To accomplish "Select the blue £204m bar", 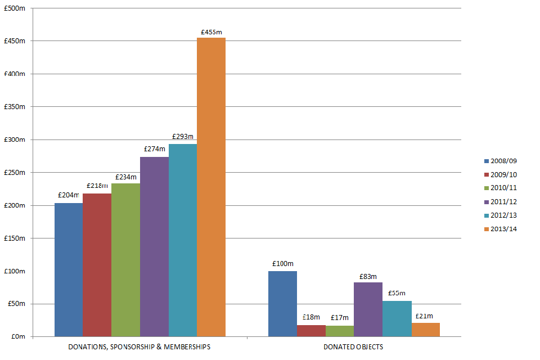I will pyautogui.click(x=69, y=270).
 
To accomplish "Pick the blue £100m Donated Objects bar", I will pyautogui.click(x=282, y=304).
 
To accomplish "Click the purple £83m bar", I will pyautogui.click(x=368, y=309).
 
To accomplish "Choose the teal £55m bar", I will pyautogui.click(x=397, y=318).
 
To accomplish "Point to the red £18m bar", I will pyautogui.click(x=311, y=331).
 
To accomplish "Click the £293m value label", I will pyautogui.click(x=182, y=137).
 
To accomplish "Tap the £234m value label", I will pyautogui.click(x=126, y=177).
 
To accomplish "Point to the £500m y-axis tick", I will pyautogui.click(x=15, y=8).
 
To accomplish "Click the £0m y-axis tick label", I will pyautogui.click(x=18, y=336).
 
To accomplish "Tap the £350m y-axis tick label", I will pyautogui.click(x=15, y=107).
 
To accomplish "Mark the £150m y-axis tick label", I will pyautogui.click(x=15, y=238).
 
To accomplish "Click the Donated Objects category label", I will pyautogui.click(x=353, y=347).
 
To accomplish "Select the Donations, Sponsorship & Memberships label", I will pyautogui.click(x=139, y=347).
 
